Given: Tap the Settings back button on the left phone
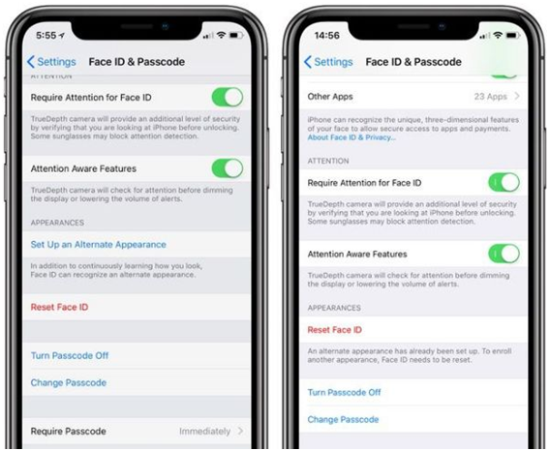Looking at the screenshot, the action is tap(51, 62).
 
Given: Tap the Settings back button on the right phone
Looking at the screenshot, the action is tap(328, 62).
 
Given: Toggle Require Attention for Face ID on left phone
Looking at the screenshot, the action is tap(228, 98).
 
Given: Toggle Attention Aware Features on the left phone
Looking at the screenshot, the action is tap(228, 168).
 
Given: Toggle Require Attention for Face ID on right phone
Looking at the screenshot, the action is tap(503, 182).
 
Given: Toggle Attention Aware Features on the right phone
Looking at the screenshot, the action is tap(503, 254).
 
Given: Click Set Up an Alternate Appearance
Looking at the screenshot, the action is tap(99, 245).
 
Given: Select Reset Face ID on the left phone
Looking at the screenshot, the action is tap(59, 307).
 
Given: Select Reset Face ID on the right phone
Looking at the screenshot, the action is tap(335, 330).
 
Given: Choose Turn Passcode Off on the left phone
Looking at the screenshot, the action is tap(70, 355).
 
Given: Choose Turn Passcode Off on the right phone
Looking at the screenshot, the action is tap(344, 392).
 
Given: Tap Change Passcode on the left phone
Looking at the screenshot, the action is tap(69, 383).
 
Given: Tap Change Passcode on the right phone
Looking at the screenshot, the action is tap(343, 419).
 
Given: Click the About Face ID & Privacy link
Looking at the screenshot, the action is tap(351, 137).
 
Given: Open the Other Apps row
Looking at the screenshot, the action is tap(413, 96).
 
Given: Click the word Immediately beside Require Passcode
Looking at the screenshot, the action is tap(205, 432).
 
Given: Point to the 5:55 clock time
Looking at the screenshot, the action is tap(46, 36).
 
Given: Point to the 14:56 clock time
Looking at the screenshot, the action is tap(327, 36).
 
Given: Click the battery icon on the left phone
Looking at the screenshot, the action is tap(235, 36).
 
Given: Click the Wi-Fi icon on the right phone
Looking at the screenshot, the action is tap(498, 35).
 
